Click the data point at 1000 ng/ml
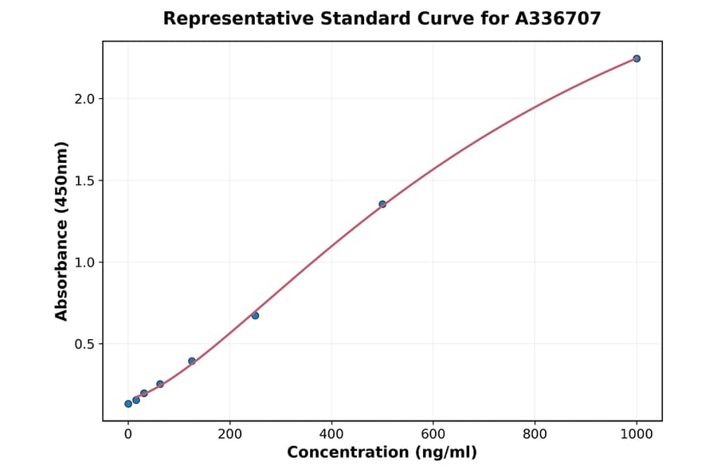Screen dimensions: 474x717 click(x=637, y=58)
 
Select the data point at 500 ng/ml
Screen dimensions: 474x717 click(x=382, y=204)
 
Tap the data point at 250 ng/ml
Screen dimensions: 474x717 click(x=255, y=315)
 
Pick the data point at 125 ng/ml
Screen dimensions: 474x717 click(x=192, y=361)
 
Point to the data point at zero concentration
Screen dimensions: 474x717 click(x=128, y=404)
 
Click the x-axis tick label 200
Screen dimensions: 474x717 click(x=229, y=434)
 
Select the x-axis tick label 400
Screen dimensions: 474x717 click(x=331, y=434)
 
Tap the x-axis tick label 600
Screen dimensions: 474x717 click(x=433, y=434)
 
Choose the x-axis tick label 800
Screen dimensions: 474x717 click(x=535, y=434)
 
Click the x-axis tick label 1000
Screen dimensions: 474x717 click(x=637, y=434)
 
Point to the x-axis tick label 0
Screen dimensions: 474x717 click(x=128, y=434)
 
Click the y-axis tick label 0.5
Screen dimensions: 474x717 click(x=84, y=344)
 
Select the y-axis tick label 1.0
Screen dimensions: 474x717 click(x=84, y=263)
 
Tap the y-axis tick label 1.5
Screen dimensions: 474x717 click(x=84, y=180)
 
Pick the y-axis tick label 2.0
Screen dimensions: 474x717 click(x=84, y=99)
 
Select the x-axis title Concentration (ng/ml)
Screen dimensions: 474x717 click(x=382, y=452)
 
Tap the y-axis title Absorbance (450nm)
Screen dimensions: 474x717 click(x=62, y=231)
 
